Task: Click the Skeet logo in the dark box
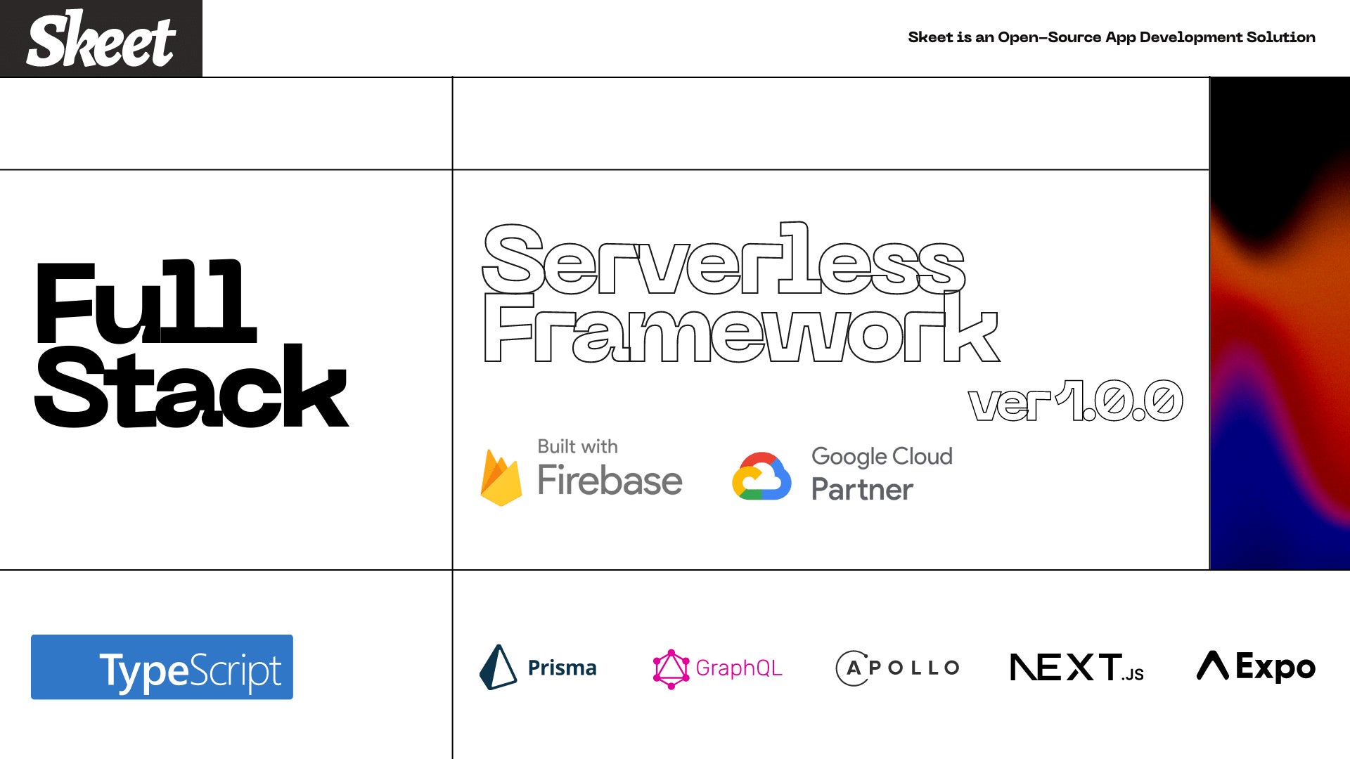pyautogui.click(x=101, y=39)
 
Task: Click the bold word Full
pyautogui.click(x=146, y=301)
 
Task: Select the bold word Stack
pyautogui.click(x=191, y=386)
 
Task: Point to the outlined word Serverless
pyautogui.click(x=724, y=259)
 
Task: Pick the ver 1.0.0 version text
pyautogui.click(x=1076, y=401)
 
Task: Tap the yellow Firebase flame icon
pyautogui.click(x=501, y=477)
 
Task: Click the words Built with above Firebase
pyautogui.click(x=577, y=446)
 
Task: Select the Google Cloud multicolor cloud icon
pyautogui.click(x=761, y=476)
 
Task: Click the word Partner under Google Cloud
pyautogui.click(x=862, y=489)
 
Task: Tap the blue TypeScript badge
pyautogui.click(x=162, y=667)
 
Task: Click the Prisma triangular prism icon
pyautogui.click(x=498, y=667)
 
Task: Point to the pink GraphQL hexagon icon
pyautogui.click(x=671, y=668)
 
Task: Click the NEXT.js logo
pyautogui.click(x=1076, y=668)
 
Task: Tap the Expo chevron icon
pyautogui.click(x=1213, y=665)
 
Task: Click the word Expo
pyautogui.click(x=1275, y=667)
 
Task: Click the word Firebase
pyautogui.click(x=610, y=480)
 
